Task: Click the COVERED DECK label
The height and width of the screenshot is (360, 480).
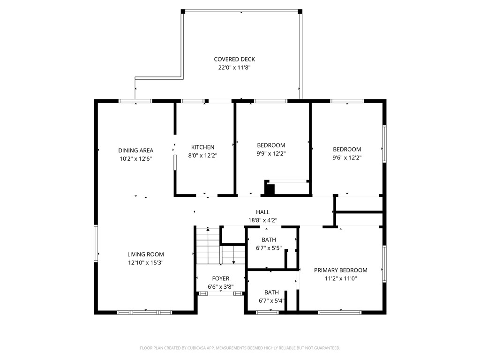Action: (x=234, y=59)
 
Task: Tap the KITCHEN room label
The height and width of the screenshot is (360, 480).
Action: (x=202, y=147)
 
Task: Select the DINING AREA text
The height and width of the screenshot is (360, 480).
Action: (x=135, y=150)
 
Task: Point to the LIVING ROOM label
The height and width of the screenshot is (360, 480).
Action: (x=145, y=255)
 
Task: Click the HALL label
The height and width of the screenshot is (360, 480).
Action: (x=262, y=212)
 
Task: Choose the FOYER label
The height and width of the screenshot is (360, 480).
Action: (x=220, y=278)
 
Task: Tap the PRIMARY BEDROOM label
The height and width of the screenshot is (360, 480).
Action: (x=341, y=270)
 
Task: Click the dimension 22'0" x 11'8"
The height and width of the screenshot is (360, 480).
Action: (x=234, y=67)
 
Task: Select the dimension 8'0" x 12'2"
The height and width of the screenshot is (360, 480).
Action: (x=202, y=156)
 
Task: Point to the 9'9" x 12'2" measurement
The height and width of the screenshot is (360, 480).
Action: (x=271, y=154)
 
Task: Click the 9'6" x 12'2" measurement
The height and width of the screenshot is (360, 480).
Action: (x=347, y=157)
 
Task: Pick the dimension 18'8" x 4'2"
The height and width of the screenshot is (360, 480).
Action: (x=262, y=220)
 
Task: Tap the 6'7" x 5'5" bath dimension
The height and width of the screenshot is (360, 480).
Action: (x=269, y=248)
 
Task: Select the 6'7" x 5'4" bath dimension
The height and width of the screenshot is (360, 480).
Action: (x=271, y=301)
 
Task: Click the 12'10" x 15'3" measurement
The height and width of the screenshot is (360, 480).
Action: (x=145, y=262)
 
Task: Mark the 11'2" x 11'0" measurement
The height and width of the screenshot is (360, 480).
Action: (x=341, y=278)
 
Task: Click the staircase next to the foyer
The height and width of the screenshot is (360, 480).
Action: (x=220, y=246)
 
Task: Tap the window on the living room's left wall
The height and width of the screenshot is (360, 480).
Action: (x=96, y=243)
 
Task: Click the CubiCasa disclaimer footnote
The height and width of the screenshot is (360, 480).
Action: (x=240, y=348)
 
